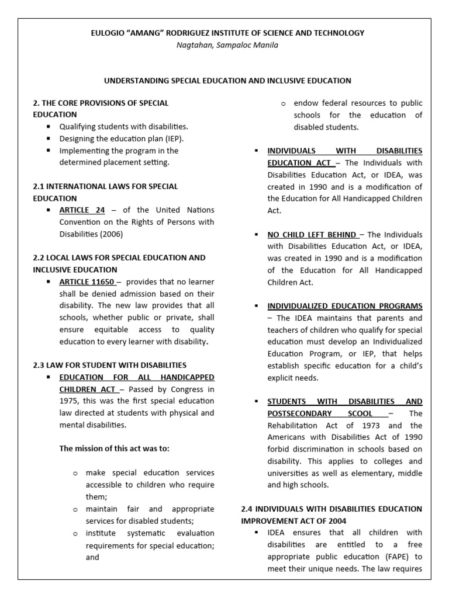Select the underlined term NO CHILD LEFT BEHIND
312,234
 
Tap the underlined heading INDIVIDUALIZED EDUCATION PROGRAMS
344,306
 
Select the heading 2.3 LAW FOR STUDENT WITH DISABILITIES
110,365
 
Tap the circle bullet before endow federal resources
283,103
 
